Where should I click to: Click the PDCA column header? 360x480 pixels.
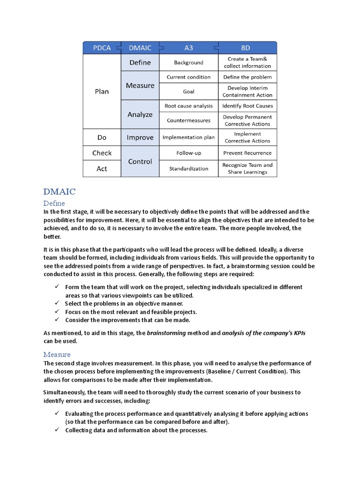pyautogui.click(x=102, y=48)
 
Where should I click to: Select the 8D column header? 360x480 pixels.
pyautogui.click(x=247, y=48)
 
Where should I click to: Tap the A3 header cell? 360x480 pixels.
pyautogui.click(x=188, y=48)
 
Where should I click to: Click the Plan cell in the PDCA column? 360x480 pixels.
pyautogui.click(x=102, y=91)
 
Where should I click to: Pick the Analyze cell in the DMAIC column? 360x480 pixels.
pyautogui.click(x=140, y=114)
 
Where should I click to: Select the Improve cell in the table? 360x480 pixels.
pyautogui.click(x=140, y=137)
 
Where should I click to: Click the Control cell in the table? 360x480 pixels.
pyautogui.click(x=140, y=161)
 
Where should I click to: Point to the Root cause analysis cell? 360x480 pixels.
pyautogui.click(x=188, y=106)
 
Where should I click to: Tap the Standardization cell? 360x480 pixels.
pyautogui.click(x=188, y=169)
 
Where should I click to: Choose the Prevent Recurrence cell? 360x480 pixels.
pyautogui.click(x=247, y=153)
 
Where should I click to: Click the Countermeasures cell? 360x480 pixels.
pyautogui.click(x=188, y=120)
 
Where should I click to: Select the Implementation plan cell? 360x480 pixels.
pyautogui.click(x=188, y=137)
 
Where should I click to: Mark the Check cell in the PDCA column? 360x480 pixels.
pyautogui.click(x=102, y=153)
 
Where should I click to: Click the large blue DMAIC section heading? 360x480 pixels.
pyautogui.click(x=59, y=192)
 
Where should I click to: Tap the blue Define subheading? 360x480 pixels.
pyautogui.click(x=54, y=203)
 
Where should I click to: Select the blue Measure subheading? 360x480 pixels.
pyautogui.click(x=57, y=354)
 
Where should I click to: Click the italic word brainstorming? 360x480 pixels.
pyautogui.click(x=166, y=333)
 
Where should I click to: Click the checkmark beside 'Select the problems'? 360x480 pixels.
pyautogui.click(x=56, y=303)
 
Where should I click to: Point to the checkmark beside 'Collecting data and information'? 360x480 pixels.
pyautogui.click(x=56, y=430)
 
